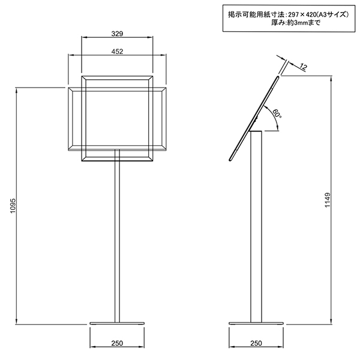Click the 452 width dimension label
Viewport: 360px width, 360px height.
117,52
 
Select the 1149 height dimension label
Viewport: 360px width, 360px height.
328,200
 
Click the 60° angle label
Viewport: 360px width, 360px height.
277,113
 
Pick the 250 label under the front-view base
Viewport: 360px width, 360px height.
117,343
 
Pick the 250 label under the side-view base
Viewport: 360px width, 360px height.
256,343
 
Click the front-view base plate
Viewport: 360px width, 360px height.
117,324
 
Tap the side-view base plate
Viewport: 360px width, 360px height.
256,324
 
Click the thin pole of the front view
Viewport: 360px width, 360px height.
117,240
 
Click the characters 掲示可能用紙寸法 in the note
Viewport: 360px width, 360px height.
247,14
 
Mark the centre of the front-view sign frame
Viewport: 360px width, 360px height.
118,119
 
